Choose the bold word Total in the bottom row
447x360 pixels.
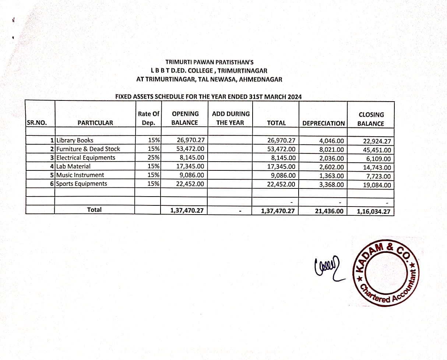tap(94, 209)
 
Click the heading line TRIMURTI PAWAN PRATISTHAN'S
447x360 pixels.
tap(210, 63)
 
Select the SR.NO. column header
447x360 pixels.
tap(37, 123)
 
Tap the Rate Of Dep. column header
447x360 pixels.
tap(148, 118)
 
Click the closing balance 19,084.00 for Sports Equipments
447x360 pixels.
tap(377, 185)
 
